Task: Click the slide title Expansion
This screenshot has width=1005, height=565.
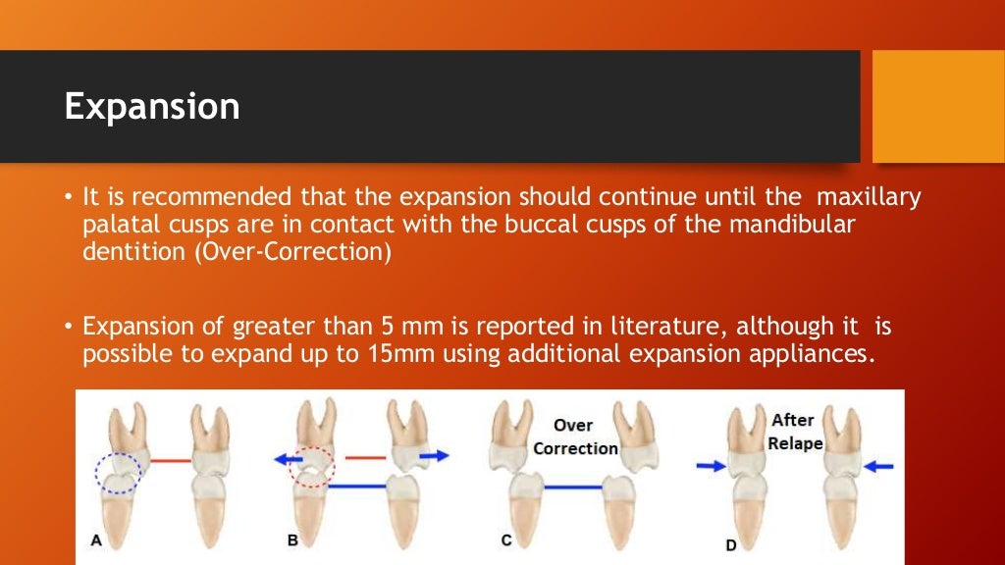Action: [152, 106]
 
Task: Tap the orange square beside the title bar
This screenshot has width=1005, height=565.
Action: [938, 106]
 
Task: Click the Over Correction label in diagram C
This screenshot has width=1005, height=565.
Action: [574, 437]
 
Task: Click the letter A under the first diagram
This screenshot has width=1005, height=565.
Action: [95, 539]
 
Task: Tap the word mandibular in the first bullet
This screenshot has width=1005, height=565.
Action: [791, 225]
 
